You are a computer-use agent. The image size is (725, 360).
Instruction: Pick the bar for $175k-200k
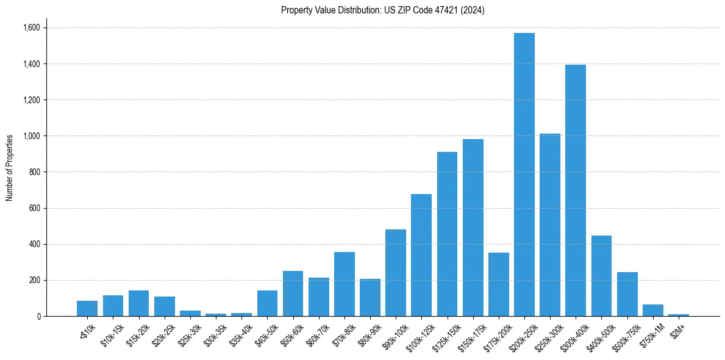point(498,284)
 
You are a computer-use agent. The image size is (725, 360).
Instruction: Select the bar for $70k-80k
point(344,284)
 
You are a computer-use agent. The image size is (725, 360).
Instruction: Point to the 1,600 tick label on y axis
point(31,27)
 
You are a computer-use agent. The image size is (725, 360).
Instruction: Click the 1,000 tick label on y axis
point(31,136)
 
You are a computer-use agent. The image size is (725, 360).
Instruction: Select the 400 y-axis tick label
point(35,244)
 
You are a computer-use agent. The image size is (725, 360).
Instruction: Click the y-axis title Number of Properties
point(10,167)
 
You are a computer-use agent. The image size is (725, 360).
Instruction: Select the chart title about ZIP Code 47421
point(382,10)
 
